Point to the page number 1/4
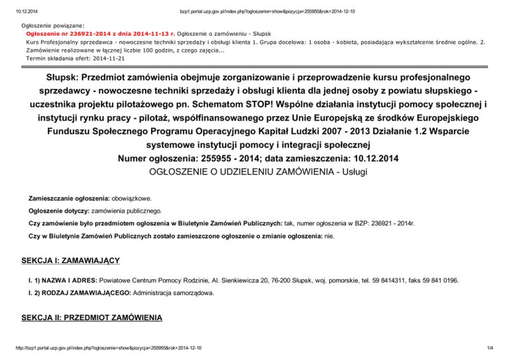498,348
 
